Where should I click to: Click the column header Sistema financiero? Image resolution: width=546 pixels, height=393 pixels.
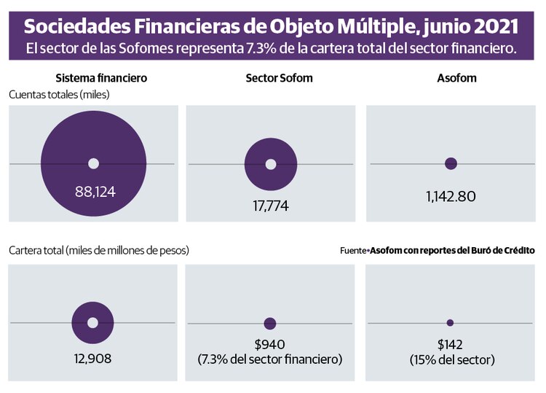pos(92,78)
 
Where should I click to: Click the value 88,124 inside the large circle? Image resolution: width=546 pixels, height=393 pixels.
pos(95,192)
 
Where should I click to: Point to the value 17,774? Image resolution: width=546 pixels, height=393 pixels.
pos(271,206)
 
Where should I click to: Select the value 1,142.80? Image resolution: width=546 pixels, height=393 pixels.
pos(451,196)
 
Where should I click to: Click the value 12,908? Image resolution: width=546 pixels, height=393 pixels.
pos(92,359)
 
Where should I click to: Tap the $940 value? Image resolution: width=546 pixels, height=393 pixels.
pos(270,345)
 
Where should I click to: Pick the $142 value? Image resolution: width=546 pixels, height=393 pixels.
pos(450,345)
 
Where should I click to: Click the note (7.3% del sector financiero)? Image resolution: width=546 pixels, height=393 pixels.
pos(270,359)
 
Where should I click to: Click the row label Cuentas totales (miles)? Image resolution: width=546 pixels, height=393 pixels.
pos(59,94)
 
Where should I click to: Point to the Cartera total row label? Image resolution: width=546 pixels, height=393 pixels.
pos(99,250)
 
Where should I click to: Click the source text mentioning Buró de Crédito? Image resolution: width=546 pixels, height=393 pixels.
pos(438,250)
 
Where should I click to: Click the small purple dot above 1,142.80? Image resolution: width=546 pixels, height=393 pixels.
pos(451,163)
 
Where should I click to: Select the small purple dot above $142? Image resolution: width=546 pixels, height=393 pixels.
pos(450,322)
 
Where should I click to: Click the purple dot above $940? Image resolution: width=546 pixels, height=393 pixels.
pos(270,323)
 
